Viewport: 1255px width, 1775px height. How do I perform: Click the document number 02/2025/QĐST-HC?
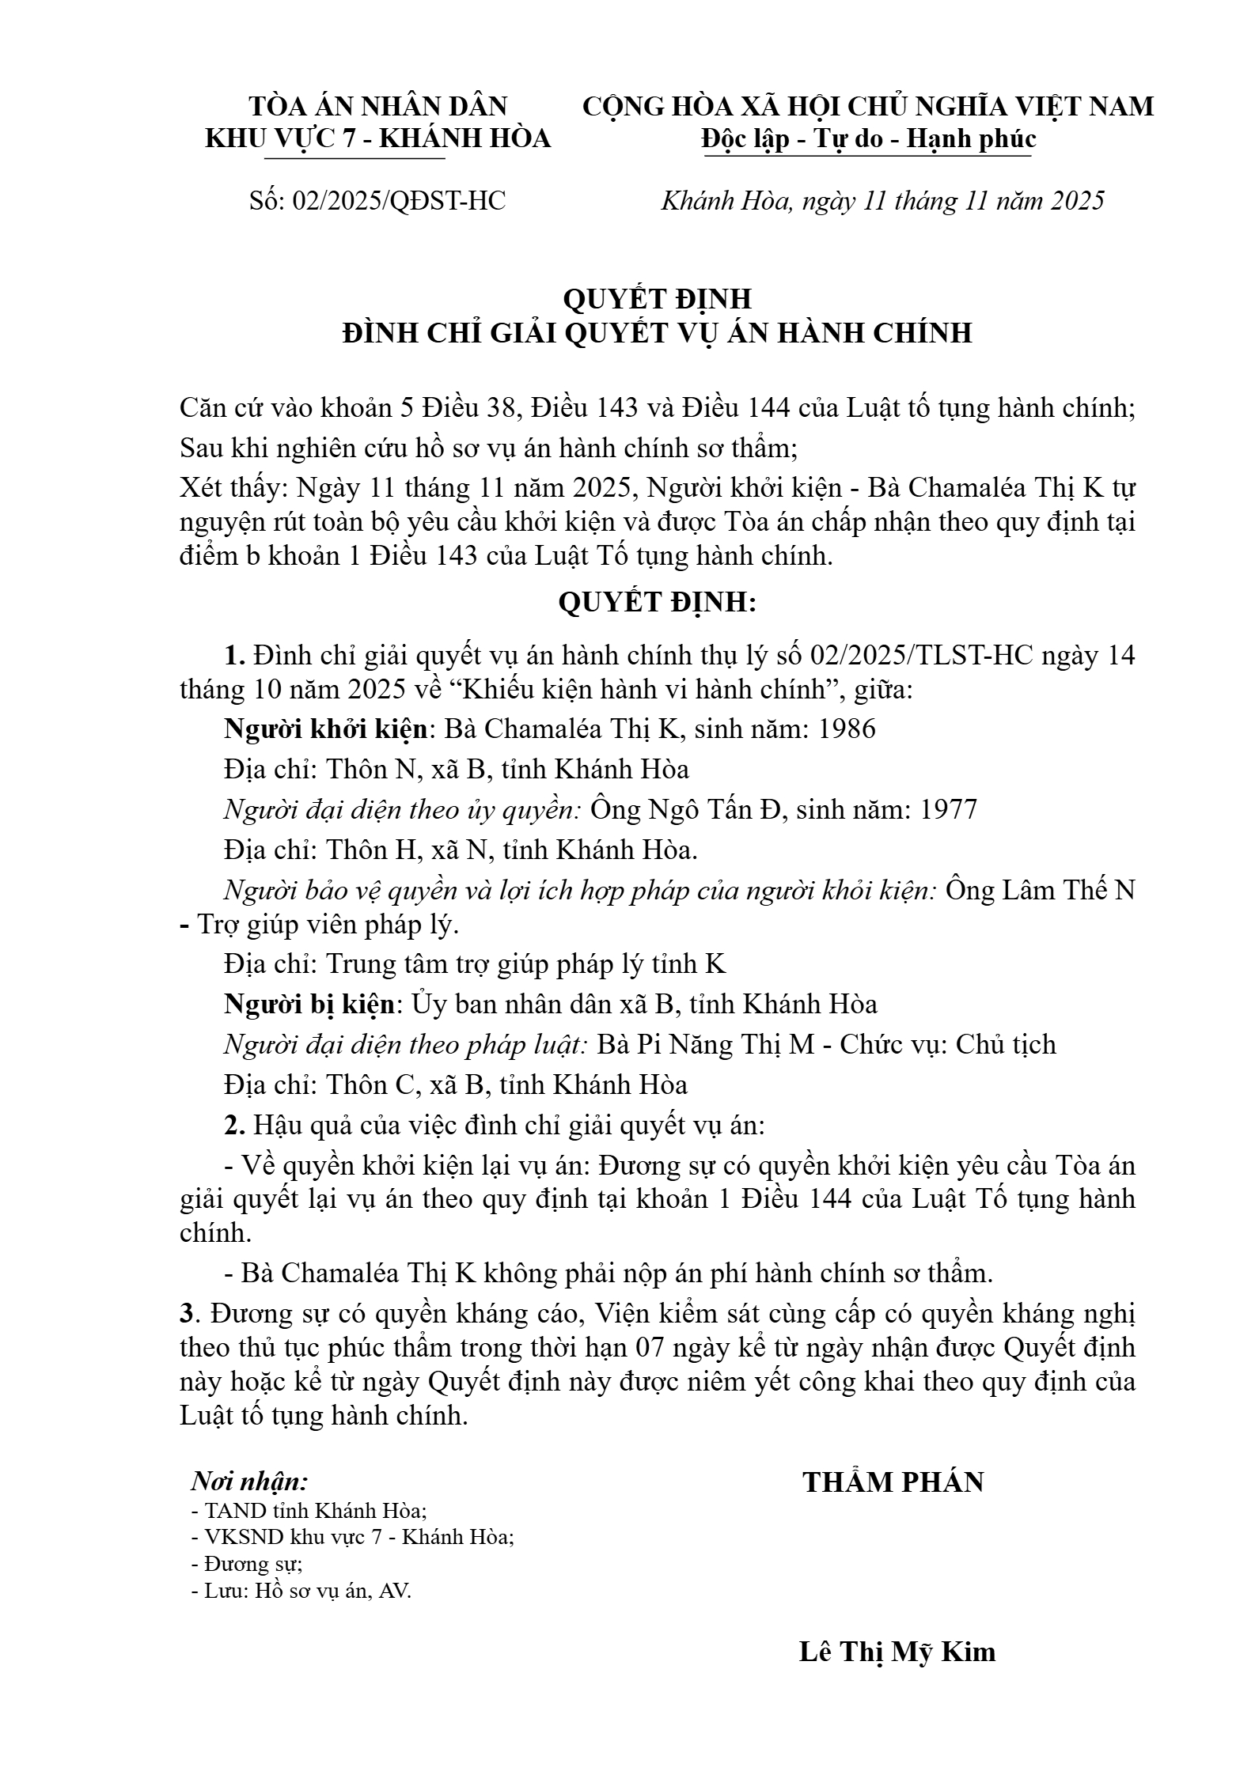(x=399, y=201)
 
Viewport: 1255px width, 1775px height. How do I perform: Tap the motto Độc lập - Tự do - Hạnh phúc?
(x=868, y=138)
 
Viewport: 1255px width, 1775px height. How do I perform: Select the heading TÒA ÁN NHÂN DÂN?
(x=378, y=106)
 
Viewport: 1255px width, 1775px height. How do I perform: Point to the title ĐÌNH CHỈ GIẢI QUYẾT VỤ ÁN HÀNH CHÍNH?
(x=657, y=333)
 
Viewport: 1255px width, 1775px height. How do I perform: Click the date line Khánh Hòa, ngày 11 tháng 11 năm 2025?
(x=882, y=201)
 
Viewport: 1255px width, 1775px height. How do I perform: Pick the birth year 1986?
(x=847, y=729)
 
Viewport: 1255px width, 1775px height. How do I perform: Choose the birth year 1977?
(x=949, y=809)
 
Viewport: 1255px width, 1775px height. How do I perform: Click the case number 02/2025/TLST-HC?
(x=923, y=656)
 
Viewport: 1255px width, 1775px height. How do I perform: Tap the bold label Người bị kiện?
(x=309, y=1004)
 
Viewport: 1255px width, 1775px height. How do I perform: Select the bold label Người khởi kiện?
(x=326, y=729)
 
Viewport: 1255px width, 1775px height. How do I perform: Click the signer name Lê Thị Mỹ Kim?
(x=897, y=1652)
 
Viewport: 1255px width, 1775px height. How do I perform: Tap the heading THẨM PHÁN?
(x=893, y=1482)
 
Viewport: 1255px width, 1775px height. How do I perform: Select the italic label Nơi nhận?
(x=250, y=1481)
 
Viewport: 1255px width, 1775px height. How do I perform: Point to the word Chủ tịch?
(x=1006, y=1044)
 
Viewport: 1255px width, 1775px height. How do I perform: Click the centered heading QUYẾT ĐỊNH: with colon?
(x=657, y=602)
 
